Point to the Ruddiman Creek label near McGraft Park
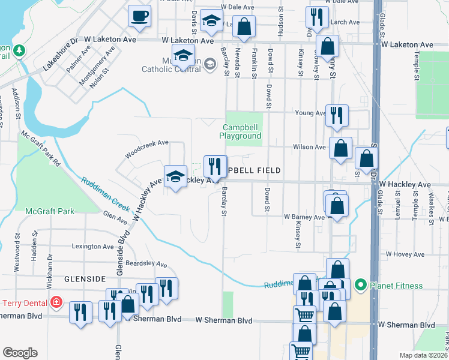[106, 194]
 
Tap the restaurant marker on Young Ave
[337, 114]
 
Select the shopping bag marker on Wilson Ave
[340, 149]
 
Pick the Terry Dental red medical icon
[56, 301]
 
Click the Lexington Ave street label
[93, 246]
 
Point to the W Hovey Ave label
[405, 254]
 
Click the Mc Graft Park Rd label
[41, 149]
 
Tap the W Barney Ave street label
[304, 216]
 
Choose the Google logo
[20, 353]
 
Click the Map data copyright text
[423, 355]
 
